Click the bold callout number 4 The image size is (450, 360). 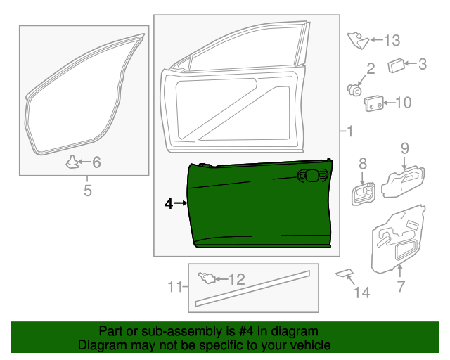(169, 203)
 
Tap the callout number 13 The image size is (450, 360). (392, 41)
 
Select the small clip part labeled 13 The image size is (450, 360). (358, 41)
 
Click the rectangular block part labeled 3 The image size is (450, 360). (396, 65)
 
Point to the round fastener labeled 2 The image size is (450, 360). (354, 91)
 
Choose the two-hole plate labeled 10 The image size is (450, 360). (373, 103)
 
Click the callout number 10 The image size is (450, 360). (403, 103)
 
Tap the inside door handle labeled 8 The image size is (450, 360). (364, 194)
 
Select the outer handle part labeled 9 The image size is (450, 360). (403, 181)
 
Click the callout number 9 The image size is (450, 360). (405, 148)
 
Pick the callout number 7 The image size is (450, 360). (401, 286)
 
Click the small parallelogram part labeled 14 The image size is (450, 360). (345, 273)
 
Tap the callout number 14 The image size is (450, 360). (362, 292)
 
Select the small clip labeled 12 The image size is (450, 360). (207, 278)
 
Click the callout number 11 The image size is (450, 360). (175, 286)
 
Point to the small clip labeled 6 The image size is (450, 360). (72, 162)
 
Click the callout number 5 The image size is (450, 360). (88, 191)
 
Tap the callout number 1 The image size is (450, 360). (349, 131)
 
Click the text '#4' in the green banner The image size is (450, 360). (246, 332)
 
